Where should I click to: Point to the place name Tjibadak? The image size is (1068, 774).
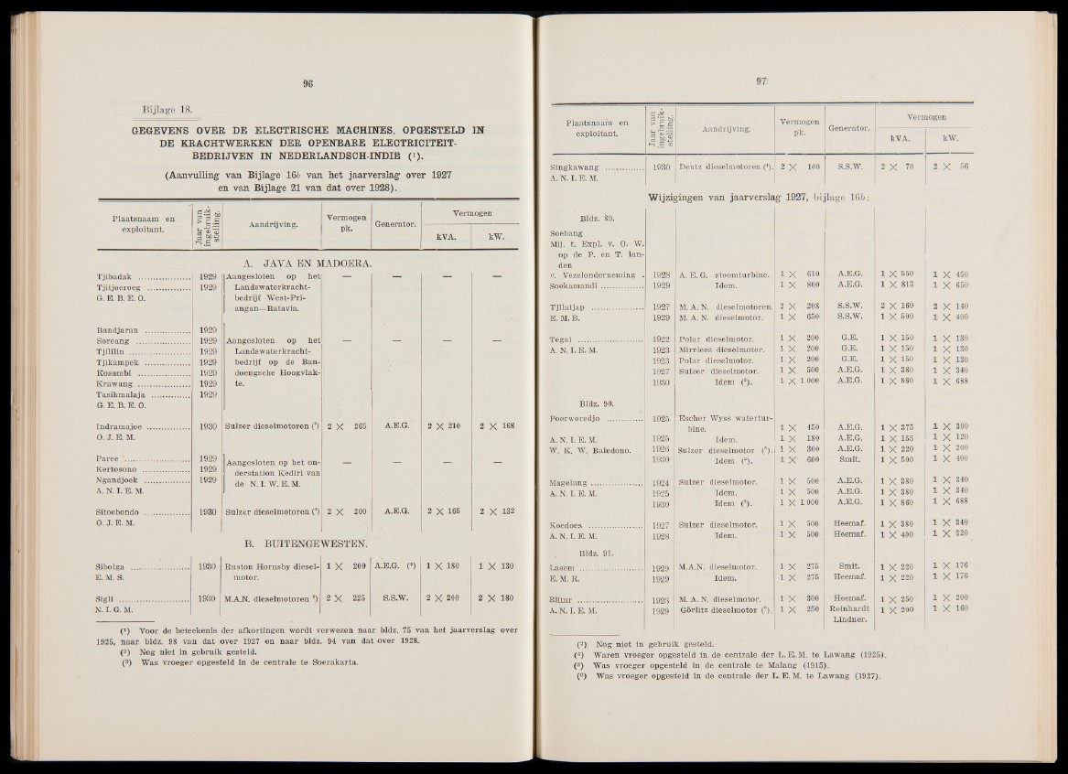pyautogui.click(x=124, y=275)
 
